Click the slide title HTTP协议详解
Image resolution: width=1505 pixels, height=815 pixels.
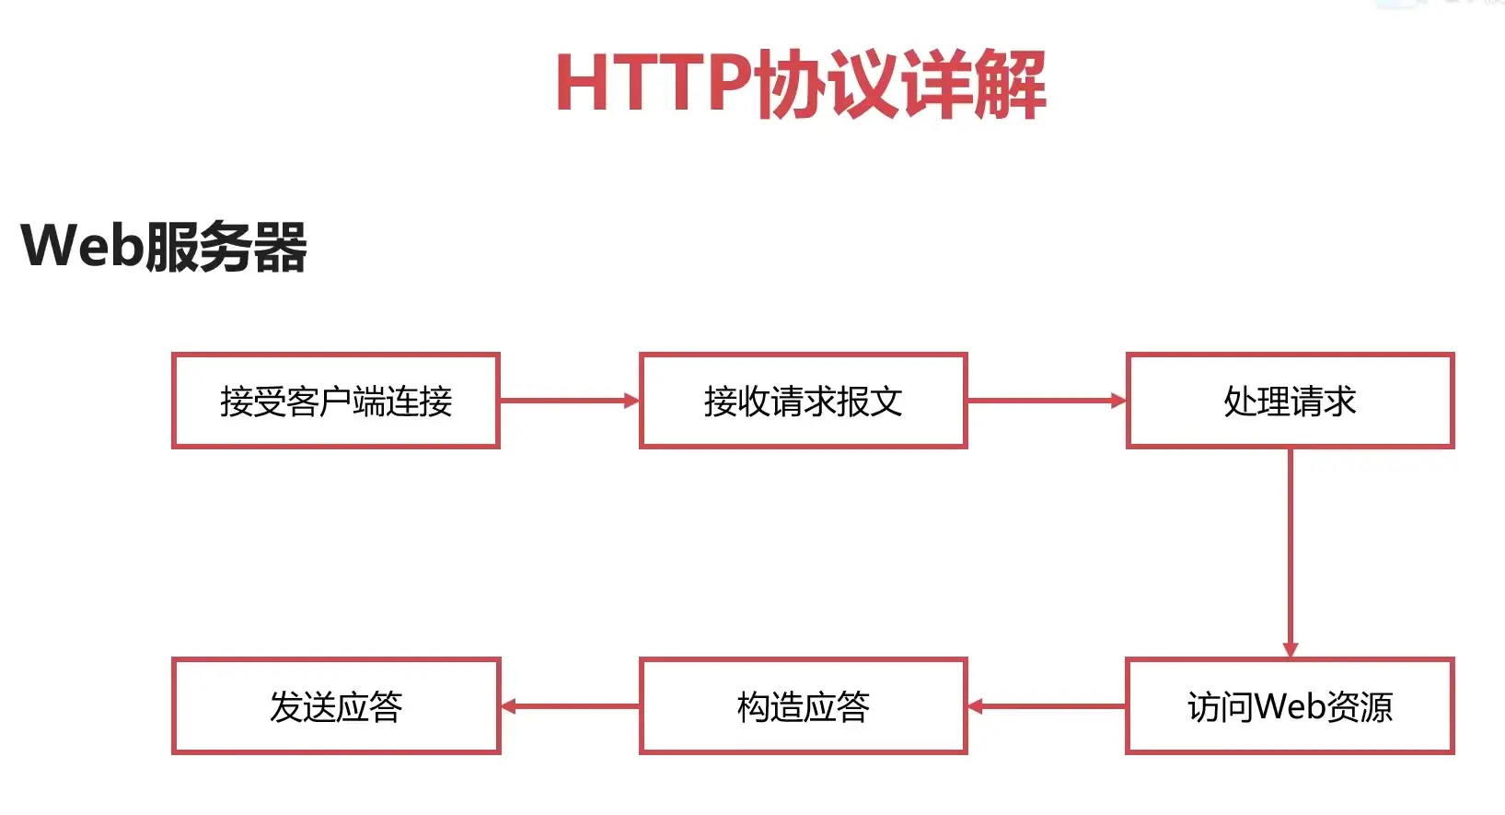(800, 84)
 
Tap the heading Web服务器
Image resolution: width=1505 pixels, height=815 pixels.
(164, 247)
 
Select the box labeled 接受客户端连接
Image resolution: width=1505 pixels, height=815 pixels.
(336, 401)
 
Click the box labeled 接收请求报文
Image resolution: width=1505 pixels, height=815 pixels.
(803, 401)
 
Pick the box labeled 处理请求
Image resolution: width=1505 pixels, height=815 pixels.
(1290, 401)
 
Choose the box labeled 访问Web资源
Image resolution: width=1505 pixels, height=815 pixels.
(1290, 706)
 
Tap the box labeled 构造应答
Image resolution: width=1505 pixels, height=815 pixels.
(803, 706)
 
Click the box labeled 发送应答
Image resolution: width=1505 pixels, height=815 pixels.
(336, 706)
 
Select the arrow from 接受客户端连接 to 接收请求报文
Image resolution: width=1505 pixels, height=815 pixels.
(568, 401)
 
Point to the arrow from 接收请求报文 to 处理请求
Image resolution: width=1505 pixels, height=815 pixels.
(1046, 401)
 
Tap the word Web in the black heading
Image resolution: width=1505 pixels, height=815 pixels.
(82, 247)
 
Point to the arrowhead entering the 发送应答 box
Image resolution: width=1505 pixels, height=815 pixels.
(508, 706)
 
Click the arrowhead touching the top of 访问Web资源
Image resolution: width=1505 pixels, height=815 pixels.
(1290, 650)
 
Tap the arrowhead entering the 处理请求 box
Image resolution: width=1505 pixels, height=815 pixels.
(1118, 401)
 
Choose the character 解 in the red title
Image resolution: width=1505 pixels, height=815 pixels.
(1010, 84)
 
